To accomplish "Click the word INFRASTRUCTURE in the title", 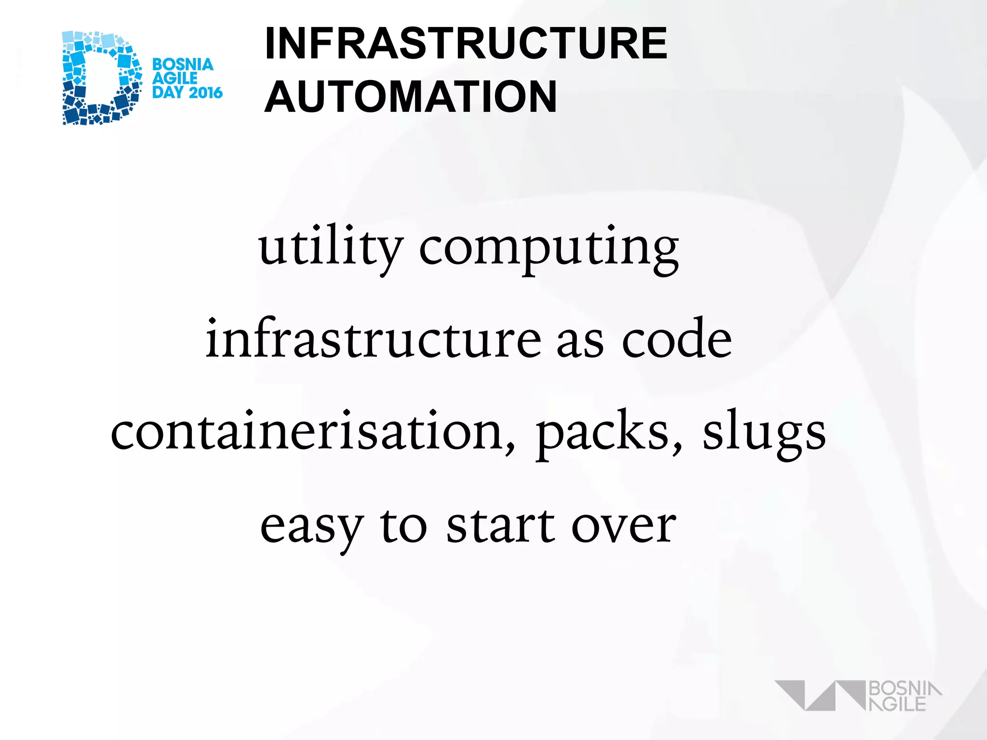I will pos(466,43).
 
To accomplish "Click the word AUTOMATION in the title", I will pos(411,97).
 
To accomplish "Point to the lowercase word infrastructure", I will pos(373,339).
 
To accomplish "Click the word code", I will pos(677,340).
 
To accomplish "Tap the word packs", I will pos(608,434).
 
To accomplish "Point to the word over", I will pos(624,526).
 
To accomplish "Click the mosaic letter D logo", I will pos(101,78).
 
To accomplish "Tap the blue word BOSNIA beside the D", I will pos(183,65).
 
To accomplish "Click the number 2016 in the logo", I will pos(205,92).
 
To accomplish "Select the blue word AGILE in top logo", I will pos(174,78).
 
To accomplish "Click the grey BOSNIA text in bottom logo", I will pos(904,689).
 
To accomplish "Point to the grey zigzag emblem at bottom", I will pos(819,695).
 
